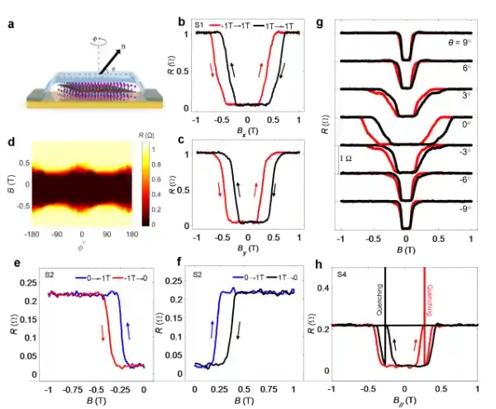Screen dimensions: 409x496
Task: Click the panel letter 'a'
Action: click(x=10, y=25)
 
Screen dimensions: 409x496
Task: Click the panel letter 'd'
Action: click(x=10, y=141)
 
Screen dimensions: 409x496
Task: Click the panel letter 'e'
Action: click(x=10, y=262)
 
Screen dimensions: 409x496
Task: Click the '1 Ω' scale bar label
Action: click(x=348, y=155)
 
